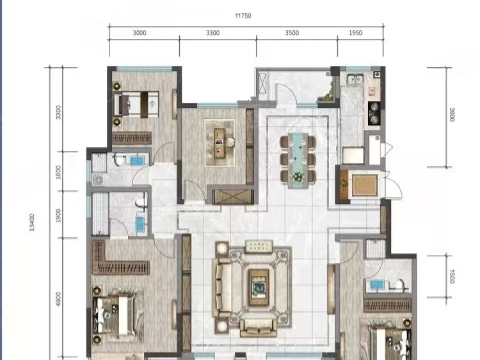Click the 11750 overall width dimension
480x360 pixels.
tap(243, 15)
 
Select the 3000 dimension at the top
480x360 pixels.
tap(140, 33)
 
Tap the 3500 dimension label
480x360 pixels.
tap(292, 33)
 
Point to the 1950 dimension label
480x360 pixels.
tap(356, 33)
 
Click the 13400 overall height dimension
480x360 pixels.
tap(32, 222)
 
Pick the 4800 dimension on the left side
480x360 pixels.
tap(58, 299)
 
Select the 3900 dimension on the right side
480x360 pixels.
tap(452, 115)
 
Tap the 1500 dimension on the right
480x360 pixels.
tap(452, 276)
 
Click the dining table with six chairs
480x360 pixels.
tap(298, 160)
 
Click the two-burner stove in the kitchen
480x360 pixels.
tap(374, 113)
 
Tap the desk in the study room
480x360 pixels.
tap(220, 143)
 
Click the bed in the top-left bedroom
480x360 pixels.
tap(136, 104)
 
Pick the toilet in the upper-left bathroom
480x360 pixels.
tap(119, 160)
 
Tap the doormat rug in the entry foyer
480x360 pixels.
tap(364, 185)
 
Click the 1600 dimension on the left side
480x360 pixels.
tap(58, 172)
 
